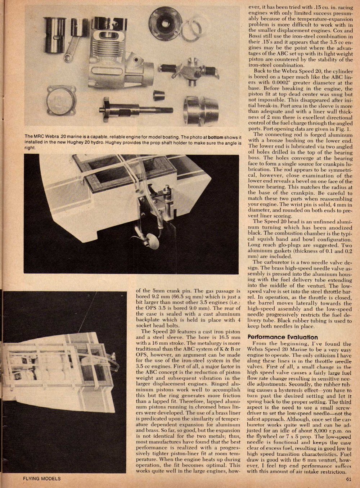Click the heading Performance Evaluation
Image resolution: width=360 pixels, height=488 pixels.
click(x=283, y=337)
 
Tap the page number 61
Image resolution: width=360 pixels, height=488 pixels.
click(x=348, y=479)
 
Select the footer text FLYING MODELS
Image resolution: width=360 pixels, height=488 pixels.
click(x=42, y=479)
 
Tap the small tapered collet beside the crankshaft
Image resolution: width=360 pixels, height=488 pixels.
click(x=159, y=95)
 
